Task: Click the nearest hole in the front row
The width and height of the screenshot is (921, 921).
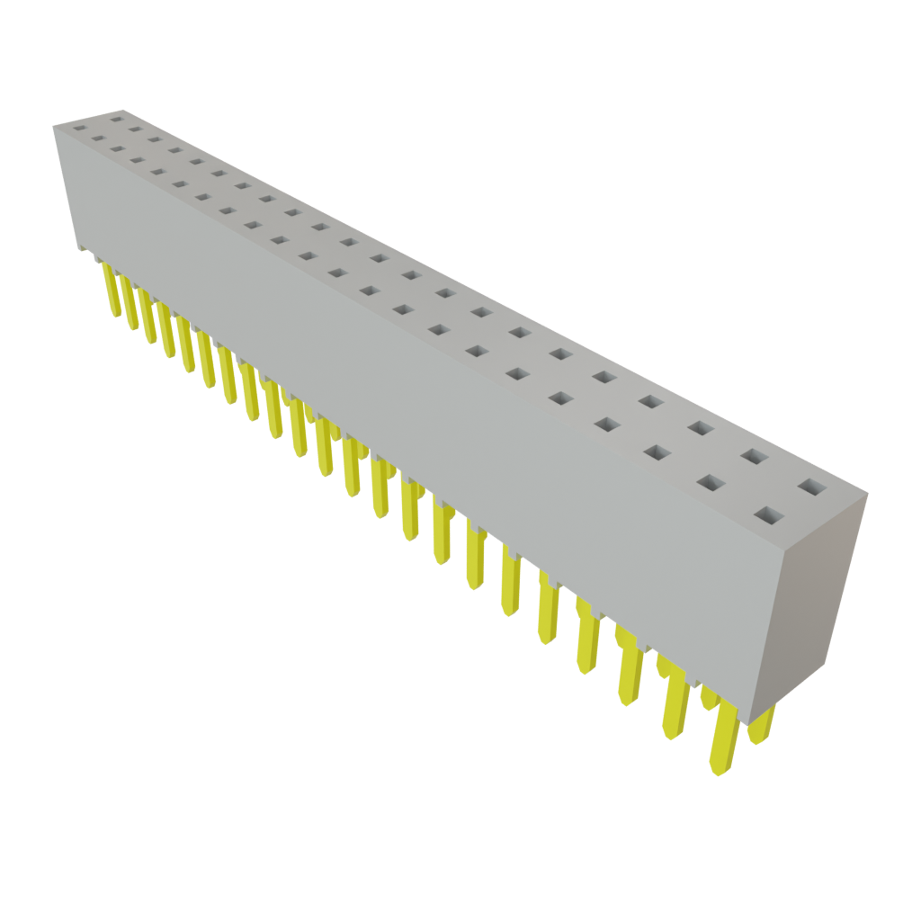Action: click(767, 516)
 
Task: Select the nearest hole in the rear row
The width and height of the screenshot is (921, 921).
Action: click(811, 488)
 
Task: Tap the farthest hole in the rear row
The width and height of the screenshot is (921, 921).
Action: click(116, 119)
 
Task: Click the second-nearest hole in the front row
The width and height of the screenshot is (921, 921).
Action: click(710, 484)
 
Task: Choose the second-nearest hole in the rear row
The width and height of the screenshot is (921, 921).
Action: click(754, 457)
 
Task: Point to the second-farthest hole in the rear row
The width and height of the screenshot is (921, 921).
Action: click(135, 130)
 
